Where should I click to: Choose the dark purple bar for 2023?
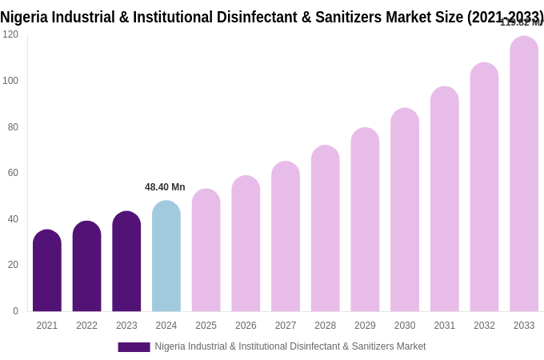click(126, 262)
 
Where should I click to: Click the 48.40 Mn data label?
click(165, 187)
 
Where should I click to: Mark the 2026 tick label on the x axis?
click(246, 326)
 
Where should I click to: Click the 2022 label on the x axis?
click(86, 326)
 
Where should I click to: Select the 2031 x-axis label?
click(445, 326)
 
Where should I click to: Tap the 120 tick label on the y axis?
click(10, 34)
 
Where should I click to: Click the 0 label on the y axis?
click(15, 311)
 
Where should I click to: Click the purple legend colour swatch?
click(134, 347)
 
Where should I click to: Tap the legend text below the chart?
click(290, 346)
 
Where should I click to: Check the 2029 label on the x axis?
click(365, 326)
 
